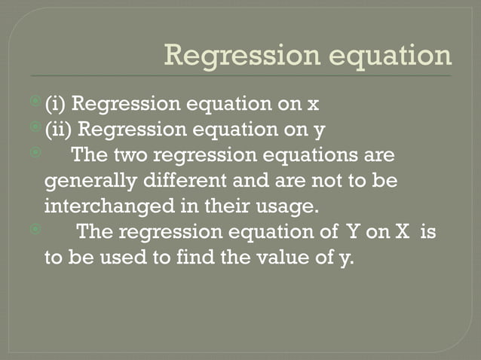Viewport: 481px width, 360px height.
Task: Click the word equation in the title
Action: [392, 56]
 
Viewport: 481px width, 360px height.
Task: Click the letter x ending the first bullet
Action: [314, 104]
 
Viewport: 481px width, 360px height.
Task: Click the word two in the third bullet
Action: [133, 155]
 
